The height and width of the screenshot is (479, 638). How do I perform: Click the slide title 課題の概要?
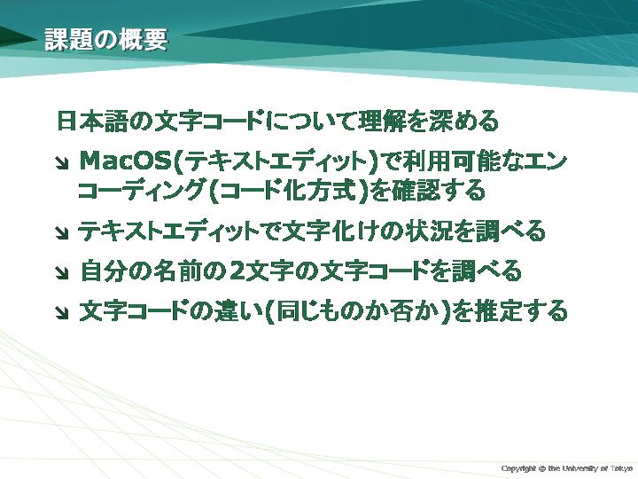click(105, 40)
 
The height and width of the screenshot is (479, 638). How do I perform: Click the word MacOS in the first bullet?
click(126, 161)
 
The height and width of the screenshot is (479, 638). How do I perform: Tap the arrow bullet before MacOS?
click(62, 163)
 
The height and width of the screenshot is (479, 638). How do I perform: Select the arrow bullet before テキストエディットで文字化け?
click(62, 233)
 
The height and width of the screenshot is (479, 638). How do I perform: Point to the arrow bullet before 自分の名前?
click(62, 272)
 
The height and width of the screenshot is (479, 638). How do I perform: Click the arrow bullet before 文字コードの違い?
click(62, 312)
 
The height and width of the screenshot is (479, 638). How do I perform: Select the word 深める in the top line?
click(463, 121)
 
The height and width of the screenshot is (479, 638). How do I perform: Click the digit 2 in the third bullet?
click(237, 271)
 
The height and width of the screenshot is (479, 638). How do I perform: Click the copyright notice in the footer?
click(567, 468)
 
